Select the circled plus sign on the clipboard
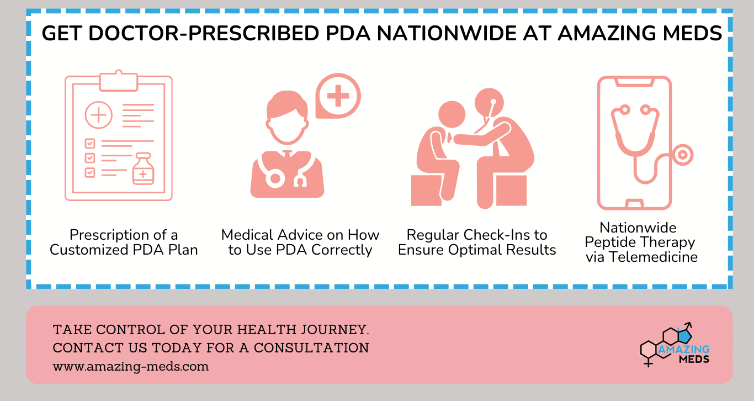pos(98,115)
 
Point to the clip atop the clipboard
pos(118,81)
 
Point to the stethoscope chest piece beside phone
pos(683,155)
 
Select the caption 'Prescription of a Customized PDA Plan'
pos(124,242)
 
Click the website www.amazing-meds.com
pos(131,366)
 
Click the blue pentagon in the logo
pos(684,336)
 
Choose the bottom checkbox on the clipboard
pos(89,172)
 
